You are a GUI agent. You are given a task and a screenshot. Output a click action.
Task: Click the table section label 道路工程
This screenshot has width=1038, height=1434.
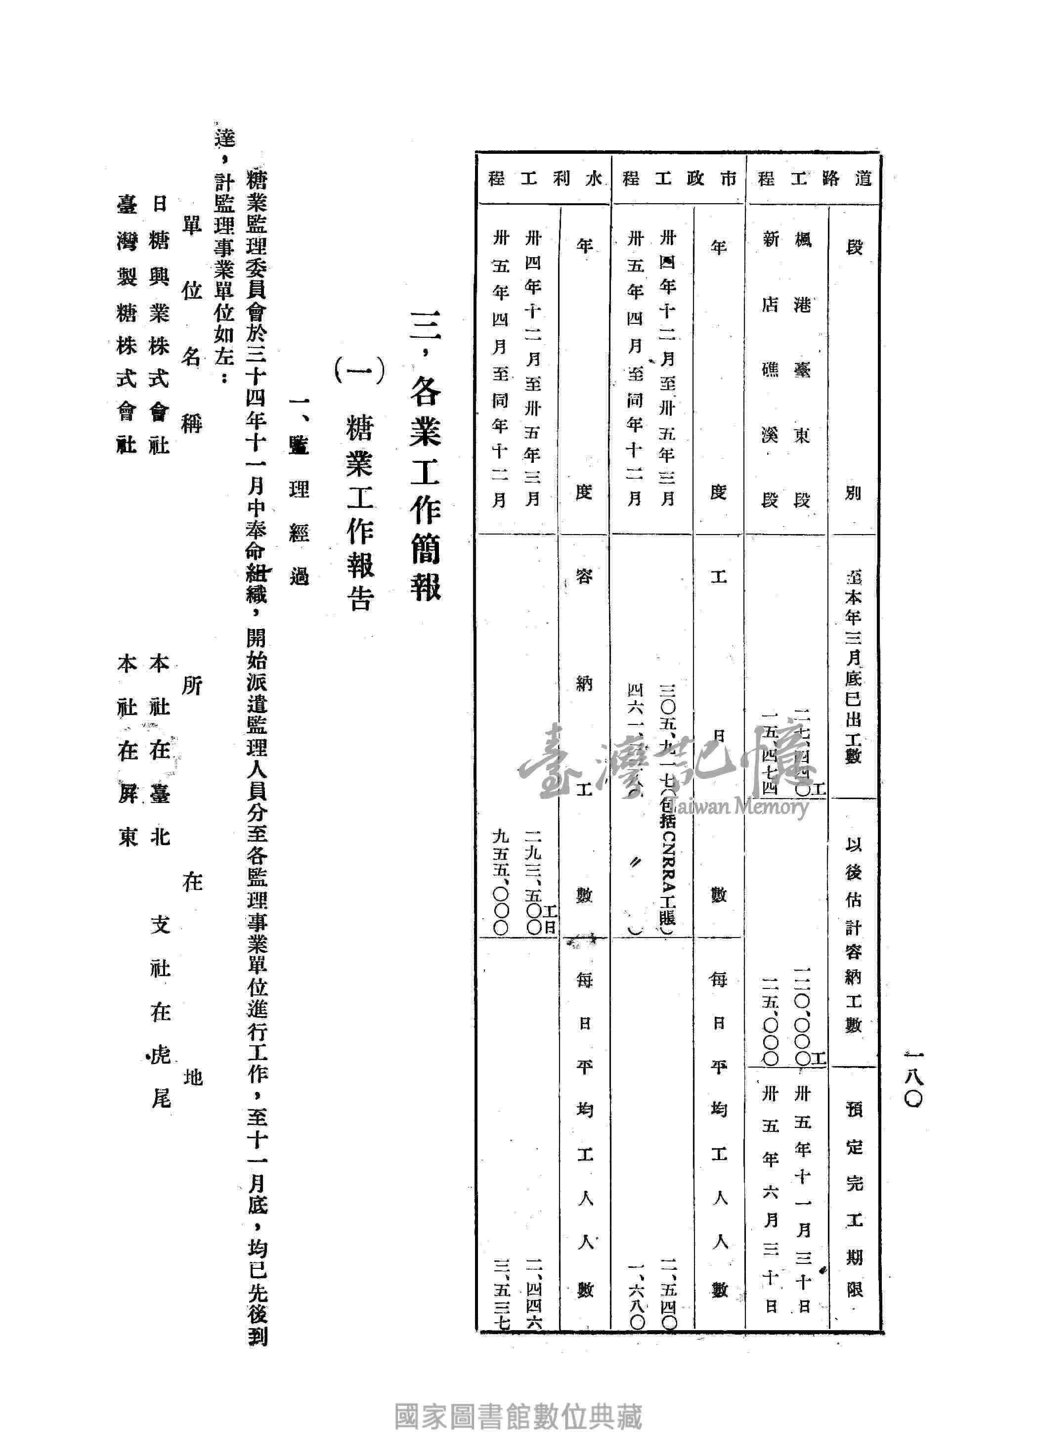click(x=814, y=179)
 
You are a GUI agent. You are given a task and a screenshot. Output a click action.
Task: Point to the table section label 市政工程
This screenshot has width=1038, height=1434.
click(x=680, y=179)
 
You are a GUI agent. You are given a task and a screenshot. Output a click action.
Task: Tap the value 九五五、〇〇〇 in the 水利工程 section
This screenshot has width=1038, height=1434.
click(x=501, y=882)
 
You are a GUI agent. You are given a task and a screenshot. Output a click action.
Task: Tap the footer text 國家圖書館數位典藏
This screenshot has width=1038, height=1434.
click(x=519, y=1416)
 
